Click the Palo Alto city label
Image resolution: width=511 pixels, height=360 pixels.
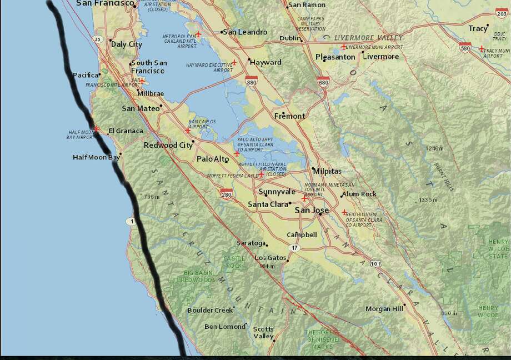pyautogui.click(x=213, y=159)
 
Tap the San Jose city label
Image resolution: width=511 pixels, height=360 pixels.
pyautogui.click(x=312, y=210)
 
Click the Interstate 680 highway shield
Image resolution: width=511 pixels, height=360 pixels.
pyautogui.click(x=323, y=82)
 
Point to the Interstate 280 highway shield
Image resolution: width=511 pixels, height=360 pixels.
pyautogui.click(x=226, y=193)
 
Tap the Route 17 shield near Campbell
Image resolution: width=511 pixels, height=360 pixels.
pyautogui.click(x=294, y=247)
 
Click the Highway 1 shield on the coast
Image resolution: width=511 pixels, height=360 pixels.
pyautogui.click(x=131, y=221)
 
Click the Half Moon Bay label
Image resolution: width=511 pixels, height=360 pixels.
pyautogui.click(x=96, y=157)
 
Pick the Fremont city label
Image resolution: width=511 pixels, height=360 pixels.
pyautogui.click(x=289, y=116)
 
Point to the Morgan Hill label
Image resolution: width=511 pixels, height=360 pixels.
pyautogui.click(x=384, y=308)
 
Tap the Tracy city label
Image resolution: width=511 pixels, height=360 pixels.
pyautogui.click(x=477, y=28)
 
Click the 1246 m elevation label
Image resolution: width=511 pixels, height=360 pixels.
pyautogui.click(x=433, y=148)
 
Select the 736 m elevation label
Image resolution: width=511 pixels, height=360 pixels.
pyautogui.click(x=151, y=197)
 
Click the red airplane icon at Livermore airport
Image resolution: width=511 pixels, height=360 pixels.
pyautogui.click(x=344, y=47)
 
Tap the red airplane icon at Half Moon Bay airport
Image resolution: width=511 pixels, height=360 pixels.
pyautogui.click(x=96, y=129)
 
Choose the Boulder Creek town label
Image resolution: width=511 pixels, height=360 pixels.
pyautogui.click(x=209, y=310)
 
